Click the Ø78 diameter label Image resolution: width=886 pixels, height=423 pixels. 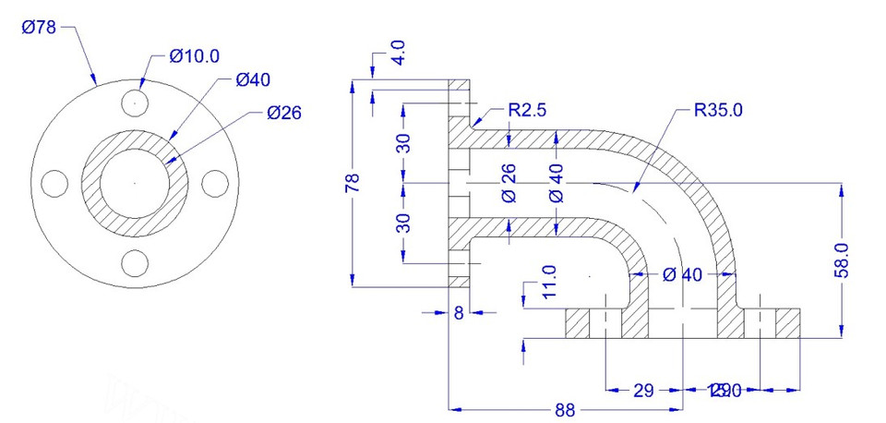(39, 28)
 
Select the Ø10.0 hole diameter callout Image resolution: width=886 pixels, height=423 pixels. (195, 56)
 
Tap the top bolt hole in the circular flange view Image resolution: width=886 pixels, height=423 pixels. (136, 102)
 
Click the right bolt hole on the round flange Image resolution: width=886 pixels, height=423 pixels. (215, 183)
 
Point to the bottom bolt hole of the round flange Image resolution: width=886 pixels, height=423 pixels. (136, 263)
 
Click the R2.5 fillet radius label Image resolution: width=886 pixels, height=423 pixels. (528, 110)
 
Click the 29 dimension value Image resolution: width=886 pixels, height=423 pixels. (643, 391)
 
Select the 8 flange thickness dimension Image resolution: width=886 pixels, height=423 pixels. (459, 313)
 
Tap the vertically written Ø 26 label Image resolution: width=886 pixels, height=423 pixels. (508, 183)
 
